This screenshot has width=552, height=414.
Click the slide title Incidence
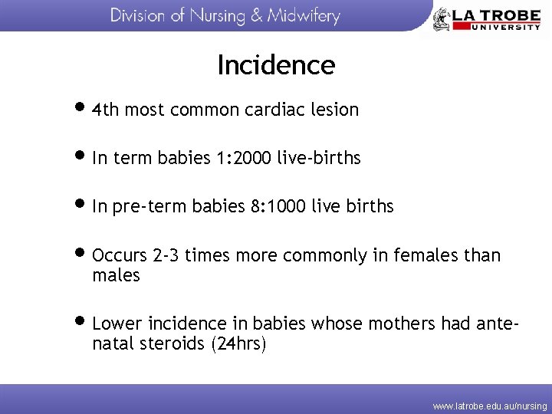276,65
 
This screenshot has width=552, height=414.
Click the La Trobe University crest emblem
442,19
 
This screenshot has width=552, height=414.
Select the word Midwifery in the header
304,16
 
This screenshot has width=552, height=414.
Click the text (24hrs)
238,344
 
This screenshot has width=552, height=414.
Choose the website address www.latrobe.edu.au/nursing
490,405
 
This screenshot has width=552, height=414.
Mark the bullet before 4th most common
83,109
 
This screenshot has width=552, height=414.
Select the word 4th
105,110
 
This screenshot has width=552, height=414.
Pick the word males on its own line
116,275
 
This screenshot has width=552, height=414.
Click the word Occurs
119,255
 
